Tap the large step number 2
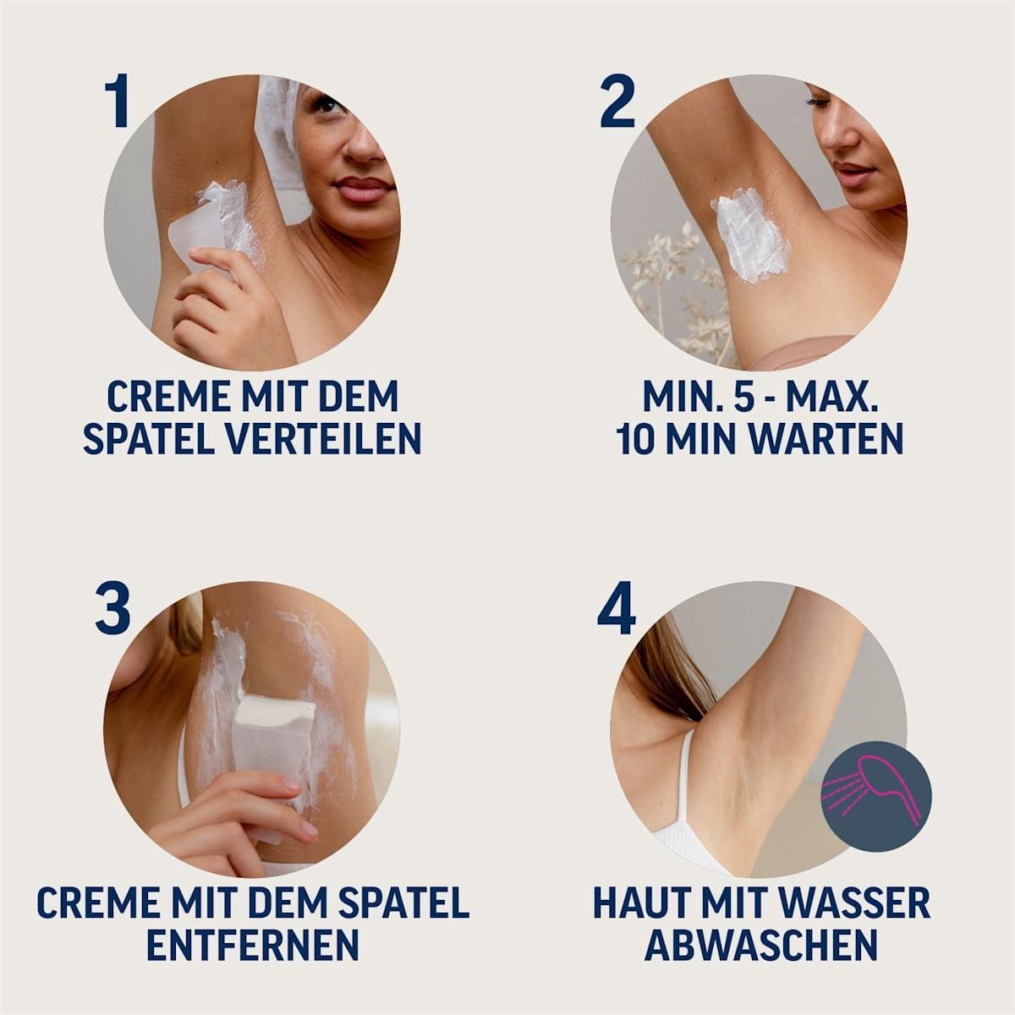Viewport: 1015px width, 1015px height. pyautogui.click(x=617, y=101)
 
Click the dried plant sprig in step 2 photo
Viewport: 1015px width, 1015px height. pyautogui.click(x=668, y=279)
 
